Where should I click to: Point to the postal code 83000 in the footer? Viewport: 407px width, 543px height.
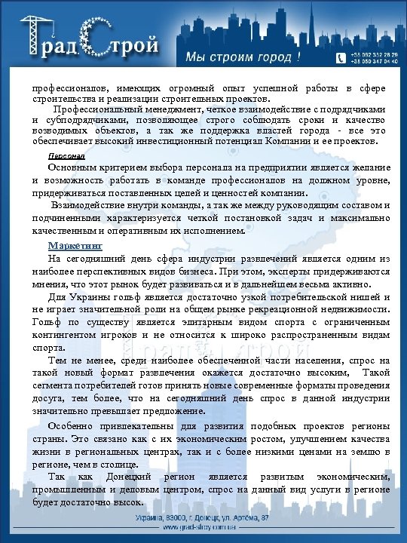179,517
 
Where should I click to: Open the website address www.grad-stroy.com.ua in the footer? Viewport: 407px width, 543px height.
203,529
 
